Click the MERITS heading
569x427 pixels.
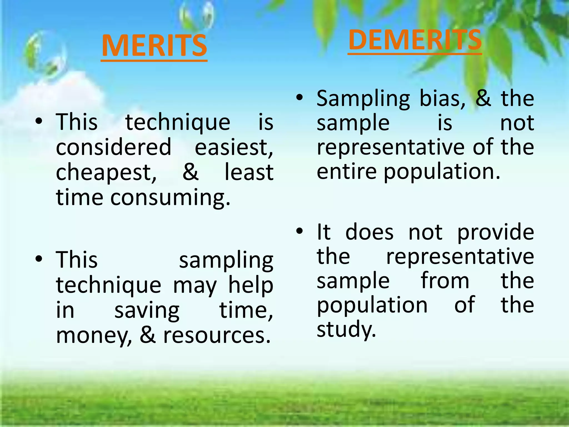pyautogui.click(x=154, y=46)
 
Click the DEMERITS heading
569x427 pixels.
pyautogui.click(x=415, y=40)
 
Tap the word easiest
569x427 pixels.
pyautogui.click(x=234, y=147)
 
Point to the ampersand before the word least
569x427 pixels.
pyautogui.click(x=190, y=172)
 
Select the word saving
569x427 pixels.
pyautogui.click(x=147, y=311)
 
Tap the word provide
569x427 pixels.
pyautogui.click(x=496, y=232)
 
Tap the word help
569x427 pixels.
pyautogui.click(x=251, y=286)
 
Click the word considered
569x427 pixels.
pyautogui.click(x=114, y=147)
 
